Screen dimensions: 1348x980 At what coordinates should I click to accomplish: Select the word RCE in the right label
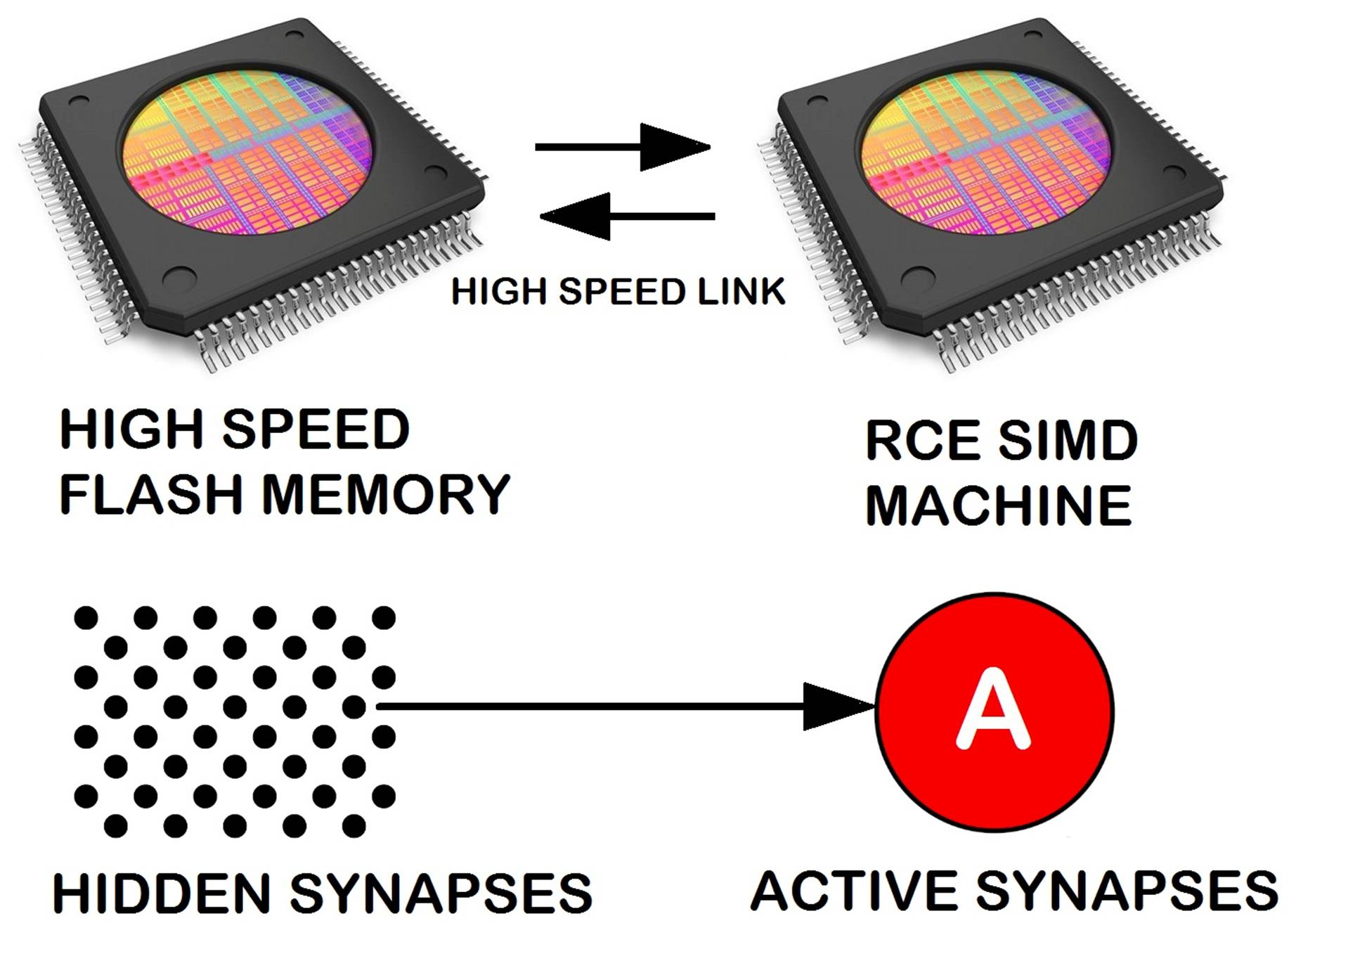[922, 441]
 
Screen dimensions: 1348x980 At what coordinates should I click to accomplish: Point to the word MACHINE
[999, 505]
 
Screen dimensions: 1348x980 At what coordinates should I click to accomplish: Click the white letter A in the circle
[993, 708]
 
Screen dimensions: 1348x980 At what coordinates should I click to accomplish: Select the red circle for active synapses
[994, 711]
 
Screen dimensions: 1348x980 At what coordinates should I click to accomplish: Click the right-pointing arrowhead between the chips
[675, 147]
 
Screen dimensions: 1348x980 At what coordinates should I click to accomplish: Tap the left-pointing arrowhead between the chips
[575, 217]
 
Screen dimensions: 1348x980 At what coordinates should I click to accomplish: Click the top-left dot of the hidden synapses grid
[86, 618]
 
